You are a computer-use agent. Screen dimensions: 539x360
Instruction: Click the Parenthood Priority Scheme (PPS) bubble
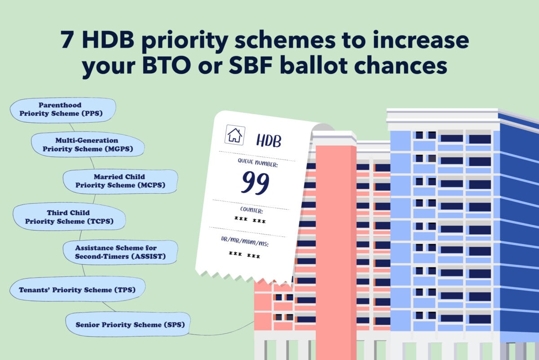[63, 110]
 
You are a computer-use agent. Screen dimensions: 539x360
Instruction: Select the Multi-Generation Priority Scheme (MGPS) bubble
[88, 144]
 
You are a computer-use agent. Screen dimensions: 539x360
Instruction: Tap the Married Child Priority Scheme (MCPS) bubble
[120, 181]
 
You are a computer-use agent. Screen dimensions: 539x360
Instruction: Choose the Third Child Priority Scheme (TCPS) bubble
[69, 217]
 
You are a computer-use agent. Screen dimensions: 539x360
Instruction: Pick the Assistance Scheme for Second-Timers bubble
[120, 252]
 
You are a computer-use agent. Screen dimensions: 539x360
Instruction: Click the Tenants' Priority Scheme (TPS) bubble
[77, 289]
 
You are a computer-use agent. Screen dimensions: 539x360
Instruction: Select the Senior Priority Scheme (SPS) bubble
[128, 324]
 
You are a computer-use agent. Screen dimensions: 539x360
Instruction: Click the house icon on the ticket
[235, 135]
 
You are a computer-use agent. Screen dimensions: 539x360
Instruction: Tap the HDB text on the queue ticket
[269, 141]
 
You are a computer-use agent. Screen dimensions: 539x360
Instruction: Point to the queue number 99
[255, 182]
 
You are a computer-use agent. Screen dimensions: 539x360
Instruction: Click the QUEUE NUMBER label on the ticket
[258, 163]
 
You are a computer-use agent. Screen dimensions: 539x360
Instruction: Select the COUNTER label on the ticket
[252, 210]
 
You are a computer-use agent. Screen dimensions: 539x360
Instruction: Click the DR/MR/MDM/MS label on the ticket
[245, 241]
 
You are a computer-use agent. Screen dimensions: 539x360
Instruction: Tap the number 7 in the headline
[67, 40]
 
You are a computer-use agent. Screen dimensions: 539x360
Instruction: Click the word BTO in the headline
[167, 65]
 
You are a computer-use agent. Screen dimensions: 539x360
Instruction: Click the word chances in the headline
[400, 65]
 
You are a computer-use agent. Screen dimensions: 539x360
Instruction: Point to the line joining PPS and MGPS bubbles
[72, 127]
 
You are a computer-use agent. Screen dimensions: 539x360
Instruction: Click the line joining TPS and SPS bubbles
[109, 307]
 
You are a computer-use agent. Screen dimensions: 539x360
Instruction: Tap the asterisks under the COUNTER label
[250, 220]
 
